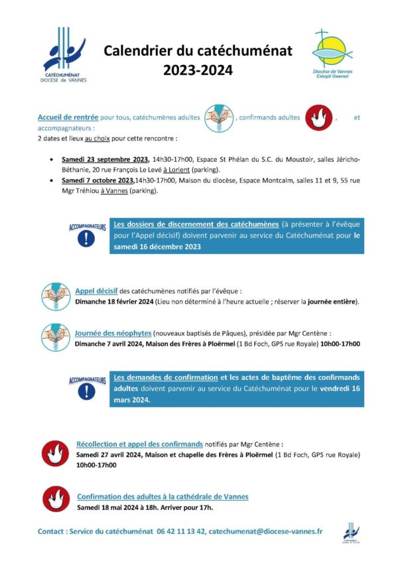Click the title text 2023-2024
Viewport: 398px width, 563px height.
pos(198,68)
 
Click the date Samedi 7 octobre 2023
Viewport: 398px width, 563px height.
pos(98,180)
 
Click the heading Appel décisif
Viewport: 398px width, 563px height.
pos(96,290)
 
